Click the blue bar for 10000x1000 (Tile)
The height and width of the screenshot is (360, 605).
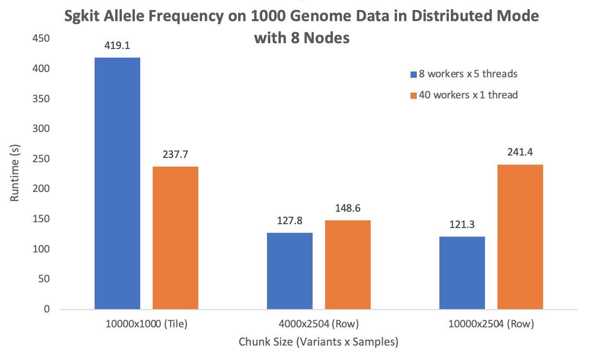tap(117, 183)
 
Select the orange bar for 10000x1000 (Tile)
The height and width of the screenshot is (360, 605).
tap(175, 238)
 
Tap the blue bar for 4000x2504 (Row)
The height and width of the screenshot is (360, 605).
tap(290, 271)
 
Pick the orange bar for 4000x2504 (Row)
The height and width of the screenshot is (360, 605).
tap(348, 264)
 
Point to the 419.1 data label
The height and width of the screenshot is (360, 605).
tap(117, 46)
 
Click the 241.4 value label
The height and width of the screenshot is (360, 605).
tap(520, 153)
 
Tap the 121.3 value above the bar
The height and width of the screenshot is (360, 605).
tap(462, 225)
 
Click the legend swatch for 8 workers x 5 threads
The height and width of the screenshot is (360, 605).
tap(413, 74)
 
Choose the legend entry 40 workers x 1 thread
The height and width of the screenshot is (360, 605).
tap(468, 95)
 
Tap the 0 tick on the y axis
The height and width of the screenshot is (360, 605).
tap(46, 310)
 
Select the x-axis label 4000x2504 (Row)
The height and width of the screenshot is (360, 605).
tap(318, 324)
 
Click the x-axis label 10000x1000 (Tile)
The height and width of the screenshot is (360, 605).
tap(146, 324)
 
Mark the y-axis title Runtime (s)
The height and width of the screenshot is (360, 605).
tap(15, 174)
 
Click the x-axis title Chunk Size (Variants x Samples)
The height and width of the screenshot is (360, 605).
tap(318, 342)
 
